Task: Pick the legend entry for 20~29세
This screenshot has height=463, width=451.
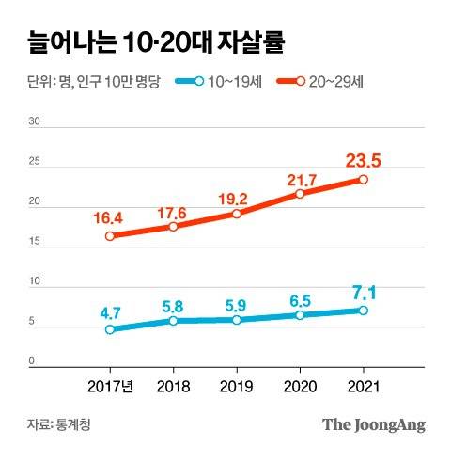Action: (x=330, y=82)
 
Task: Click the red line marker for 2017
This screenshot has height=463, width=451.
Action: (x=110, y=236)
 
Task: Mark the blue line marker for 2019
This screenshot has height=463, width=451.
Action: (x=237, y=320)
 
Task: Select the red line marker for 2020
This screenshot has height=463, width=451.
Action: (x=300, y=194)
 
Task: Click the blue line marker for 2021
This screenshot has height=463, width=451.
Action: (x=363, y=311)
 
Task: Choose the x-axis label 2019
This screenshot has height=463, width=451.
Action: (x=237, y=386)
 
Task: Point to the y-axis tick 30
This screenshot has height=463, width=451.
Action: (x=34, y=122)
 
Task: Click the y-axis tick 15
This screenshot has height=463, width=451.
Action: (x=34, y=242)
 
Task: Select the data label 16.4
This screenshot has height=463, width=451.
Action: (x=110, y=218)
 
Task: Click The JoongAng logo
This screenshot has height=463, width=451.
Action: (x=374, y=424)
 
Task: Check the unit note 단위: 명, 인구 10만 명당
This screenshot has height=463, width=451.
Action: (x=89, y=82)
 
